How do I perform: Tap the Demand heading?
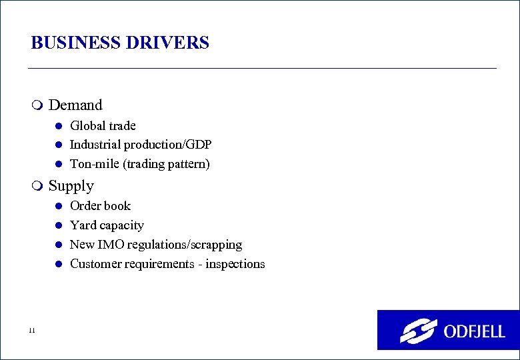[x=75, y=105]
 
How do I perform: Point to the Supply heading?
[x=71, y=186]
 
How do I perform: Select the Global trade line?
[x=103, y=126]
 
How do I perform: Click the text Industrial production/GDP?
[x=141, y=145]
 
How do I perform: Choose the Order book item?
[x=100, y=206]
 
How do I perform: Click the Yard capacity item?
[x=107, y=225]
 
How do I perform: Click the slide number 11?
[x=32, y=331]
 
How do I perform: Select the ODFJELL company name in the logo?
[x=474, y=331]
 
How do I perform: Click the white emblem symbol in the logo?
[x=418, y=331]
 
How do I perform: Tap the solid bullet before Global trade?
[x=58, y=126]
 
